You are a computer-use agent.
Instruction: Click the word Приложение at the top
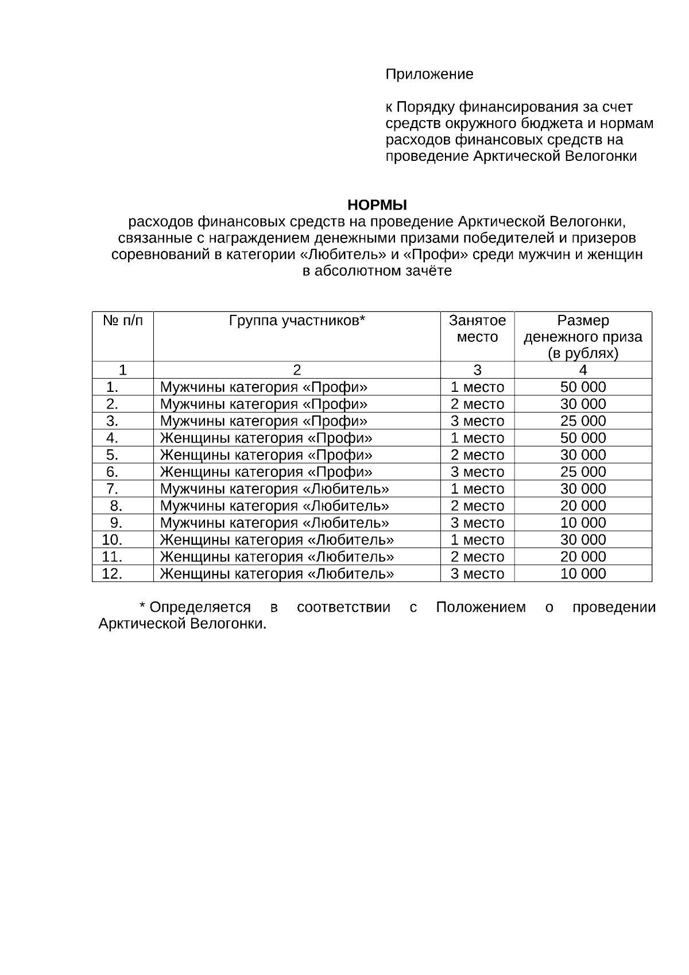point(429,74)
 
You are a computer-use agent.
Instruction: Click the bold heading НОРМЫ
point(377,205)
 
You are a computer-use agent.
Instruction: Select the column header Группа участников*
point(297,321)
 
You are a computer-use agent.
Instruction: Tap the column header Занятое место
point(477,329)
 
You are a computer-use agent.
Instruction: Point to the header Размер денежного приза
point(583,337)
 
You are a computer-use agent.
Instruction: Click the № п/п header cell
point(122,321)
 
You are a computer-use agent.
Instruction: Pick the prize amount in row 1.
point(583,387)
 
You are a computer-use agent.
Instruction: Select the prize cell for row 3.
point(583,421)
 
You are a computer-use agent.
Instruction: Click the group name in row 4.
point(266,438)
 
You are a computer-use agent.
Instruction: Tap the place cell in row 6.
point(477,472)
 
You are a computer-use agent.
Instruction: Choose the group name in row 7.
point(274,489)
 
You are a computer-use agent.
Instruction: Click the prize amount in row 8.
point(583,506)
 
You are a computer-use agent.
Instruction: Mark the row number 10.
point(112,540)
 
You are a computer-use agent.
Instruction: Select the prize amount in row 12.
point(583,574)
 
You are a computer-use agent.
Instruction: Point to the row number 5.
point(112,455)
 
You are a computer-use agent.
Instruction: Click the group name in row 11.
point(277,557)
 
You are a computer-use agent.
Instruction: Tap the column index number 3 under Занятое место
point(477,370)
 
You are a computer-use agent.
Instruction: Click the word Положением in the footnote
point(481,608)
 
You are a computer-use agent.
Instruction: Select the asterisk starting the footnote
point(142,606)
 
